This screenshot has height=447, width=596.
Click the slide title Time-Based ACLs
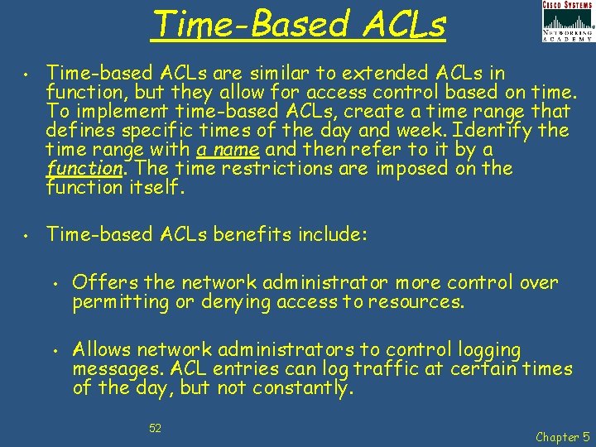pyautogui.click(x=299, y=24)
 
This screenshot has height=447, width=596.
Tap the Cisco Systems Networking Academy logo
pyautogui.click(x=567, y=22)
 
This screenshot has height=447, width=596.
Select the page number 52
pyautogui.click(x=155, y=428)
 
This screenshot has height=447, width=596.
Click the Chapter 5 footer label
pyautogui.click(x=564, y=436)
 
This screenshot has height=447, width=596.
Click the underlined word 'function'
pyautogui.click(x=85, y=169)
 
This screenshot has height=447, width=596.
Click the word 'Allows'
pyautogui.click(x=101, y=350)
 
